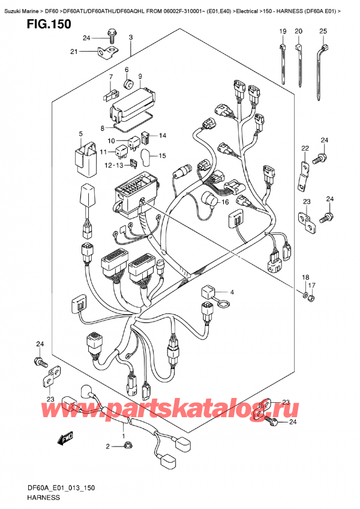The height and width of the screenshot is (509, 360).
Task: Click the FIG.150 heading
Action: (x=41, y=25)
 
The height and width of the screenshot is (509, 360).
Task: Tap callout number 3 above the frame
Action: (x=131, y=38)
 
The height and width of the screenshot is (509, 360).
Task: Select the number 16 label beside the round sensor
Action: (x=226, y=202)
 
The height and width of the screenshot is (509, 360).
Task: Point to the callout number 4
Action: (x=233, y=292)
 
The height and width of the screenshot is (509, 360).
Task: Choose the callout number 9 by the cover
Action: (x=139, y=76)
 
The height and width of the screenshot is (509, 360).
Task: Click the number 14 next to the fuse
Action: (x=162, y=135)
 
